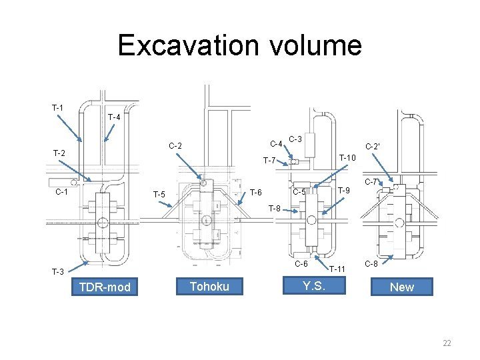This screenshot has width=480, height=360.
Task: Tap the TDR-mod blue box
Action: point(105,287)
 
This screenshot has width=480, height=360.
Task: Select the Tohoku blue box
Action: point(209,286)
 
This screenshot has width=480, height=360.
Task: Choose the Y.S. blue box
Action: point(313,286)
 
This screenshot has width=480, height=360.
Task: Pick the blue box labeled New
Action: point(401,287)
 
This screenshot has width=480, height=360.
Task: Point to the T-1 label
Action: point(58,108)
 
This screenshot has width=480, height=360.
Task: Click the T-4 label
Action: point(113,117)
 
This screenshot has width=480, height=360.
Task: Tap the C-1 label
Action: point(61,192)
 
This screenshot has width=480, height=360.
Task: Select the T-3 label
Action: point(58,271)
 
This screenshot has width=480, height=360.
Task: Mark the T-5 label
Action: point(159,195)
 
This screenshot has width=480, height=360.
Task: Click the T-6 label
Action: point(255,193)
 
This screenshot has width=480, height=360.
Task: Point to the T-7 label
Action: point(270,160)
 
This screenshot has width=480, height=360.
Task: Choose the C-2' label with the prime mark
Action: point(373,145)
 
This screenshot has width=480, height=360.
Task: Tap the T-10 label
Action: point(348,157)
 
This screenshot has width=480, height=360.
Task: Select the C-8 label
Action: point(371,264)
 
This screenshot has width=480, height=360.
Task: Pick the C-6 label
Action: point(301,264)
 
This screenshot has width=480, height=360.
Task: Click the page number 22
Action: point(447,343)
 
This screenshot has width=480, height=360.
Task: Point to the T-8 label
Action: point(275,209)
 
